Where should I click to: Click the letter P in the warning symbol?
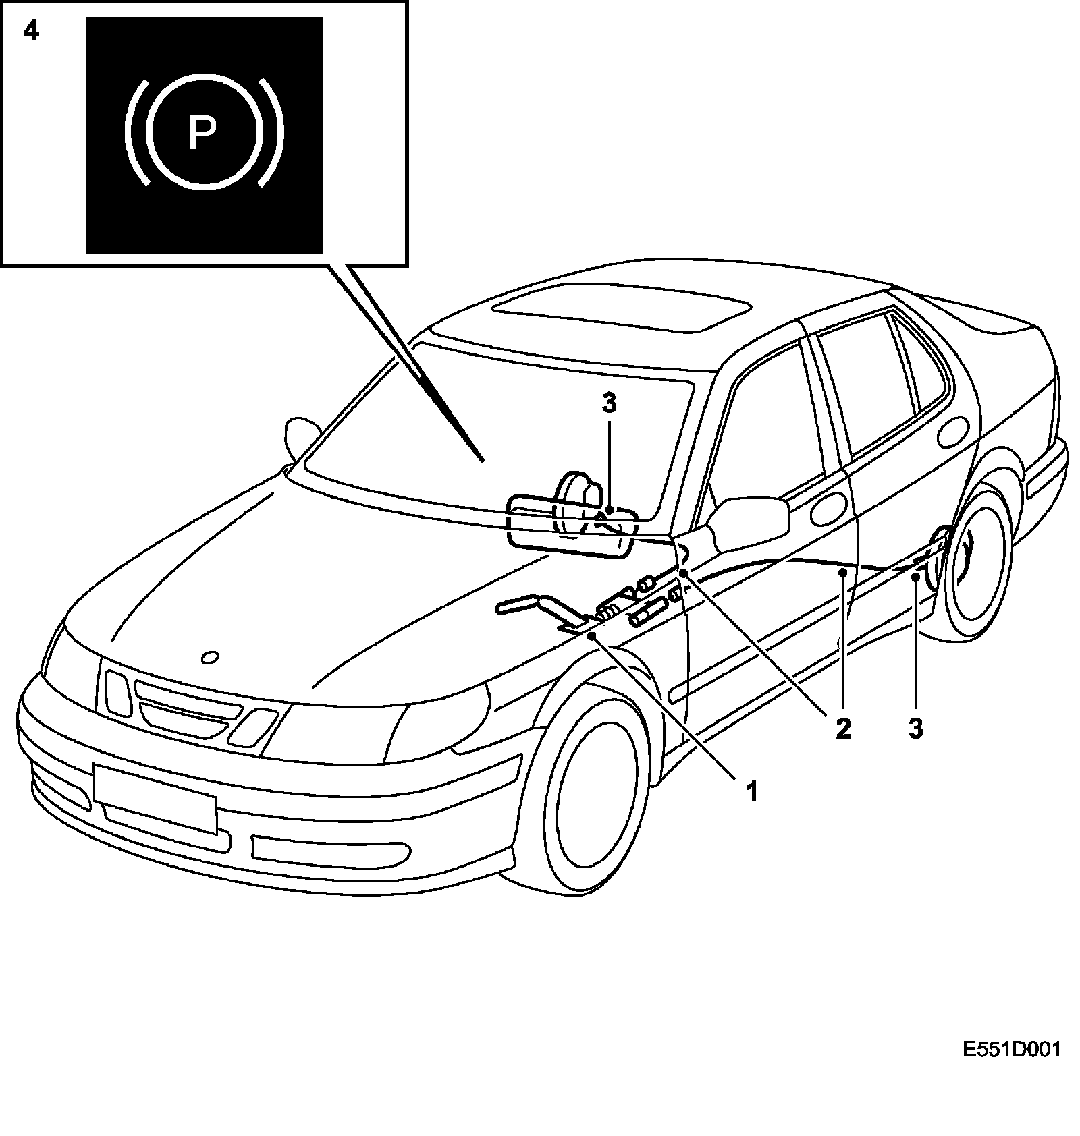point(201,132)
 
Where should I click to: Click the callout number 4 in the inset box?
point(31,31)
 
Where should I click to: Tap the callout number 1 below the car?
point(751,791)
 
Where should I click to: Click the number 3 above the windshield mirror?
point(609,403)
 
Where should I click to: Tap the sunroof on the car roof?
point(621,308)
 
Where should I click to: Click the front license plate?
point(155,798)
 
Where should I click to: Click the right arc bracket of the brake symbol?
point(272,132)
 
